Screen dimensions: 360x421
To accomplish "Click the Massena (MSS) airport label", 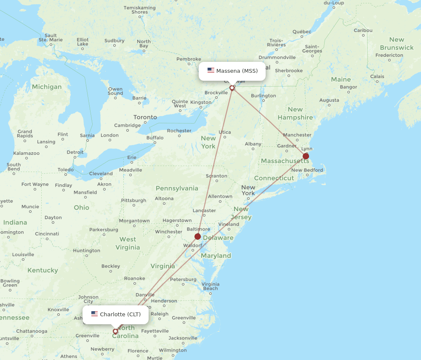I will click(232, 71).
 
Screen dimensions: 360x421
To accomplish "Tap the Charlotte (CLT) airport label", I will click(116, 314).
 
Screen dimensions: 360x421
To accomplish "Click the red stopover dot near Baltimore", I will click(197, 236).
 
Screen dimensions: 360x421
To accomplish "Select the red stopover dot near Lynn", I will click(306, 156).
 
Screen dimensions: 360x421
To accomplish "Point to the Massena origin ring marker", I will click(232, 88).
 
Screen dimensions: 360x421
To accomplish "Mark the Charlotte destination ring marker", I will click(115, 331).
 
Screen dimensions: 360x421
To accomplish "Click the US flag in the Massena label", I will click(211, 71).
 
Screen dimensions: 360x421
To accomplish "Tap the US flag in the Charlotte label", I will click(95, 314).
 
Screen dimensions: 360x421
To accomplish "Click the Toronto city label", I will click(145, 117).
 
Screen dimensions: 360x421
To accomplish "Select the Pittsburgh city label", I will click(134, 200).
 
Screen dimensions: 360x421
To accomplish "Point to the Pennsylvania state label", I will click(177, 188).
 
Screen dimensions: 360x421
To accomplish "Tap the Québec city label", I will click(302, 32).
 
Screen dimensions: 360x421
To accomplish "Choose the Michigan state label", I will click(47, 87).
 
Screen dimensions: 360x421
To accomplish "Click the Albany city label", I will click(253, 144).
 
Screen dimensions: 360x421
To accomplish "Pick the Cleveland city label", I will click(101, 173).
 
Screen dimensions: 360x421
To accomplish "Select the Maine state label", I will click(341, 79).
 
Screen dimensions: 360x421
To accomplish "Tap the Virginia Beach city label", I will click(210, 286).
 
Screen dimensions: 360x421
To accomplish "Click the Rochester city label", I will click(179, 131).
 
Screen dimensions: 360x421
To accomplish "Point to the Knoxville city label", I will click(59, 310).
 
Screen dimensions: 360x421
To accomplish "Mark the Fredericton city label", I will click(389, 55).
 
